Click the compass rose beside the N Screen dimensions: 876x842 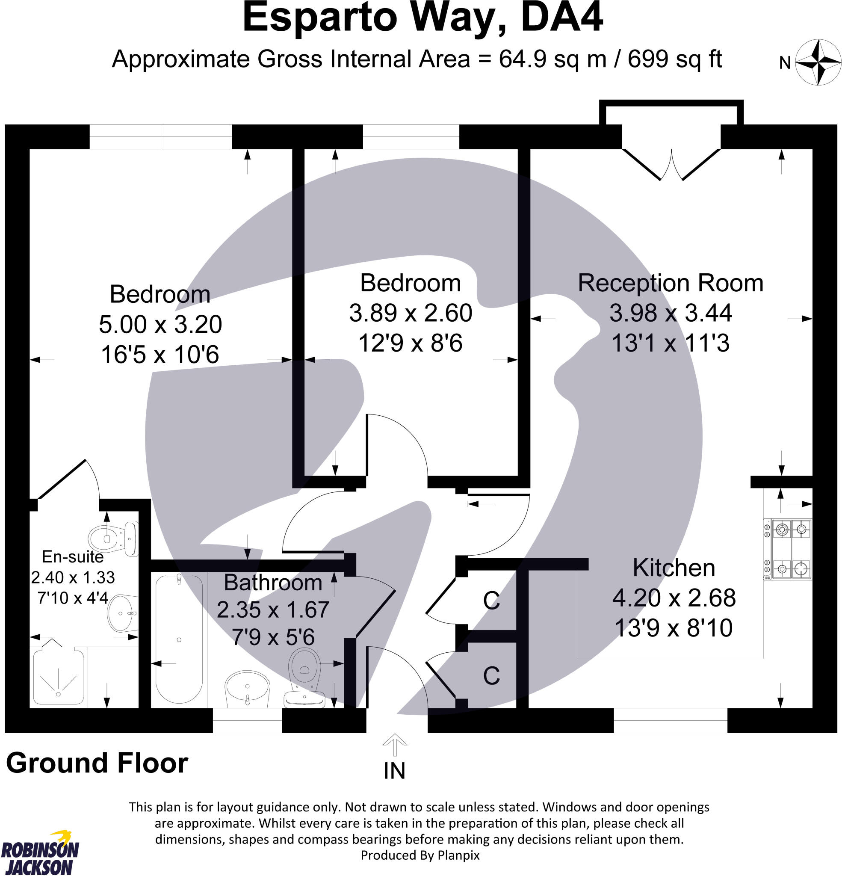click(818, 62)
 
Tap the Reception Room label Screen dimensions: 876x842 click(670, 283)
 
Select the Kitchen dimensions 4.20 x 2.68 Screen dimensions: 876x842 click(674, 598)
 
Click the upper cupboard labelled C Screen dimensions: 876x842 click(491, 601)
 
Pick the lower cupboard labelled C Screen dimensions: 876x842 click(491, 676)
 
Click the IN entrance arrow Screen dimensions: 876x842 click(395, 746)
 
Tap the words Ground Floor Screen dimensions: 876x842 click(97, 763)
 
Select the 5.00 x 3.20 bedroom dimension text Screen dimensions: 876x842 click(160, 325)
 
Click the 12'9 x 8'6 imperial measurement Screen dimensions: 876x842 click(410, 343)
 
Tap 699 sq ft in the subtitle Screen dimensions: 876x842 click(674, 59)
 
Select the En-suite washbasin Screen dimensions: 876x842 click(121, 613)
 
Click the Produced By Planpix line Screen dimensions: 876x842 click(420, 855)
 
